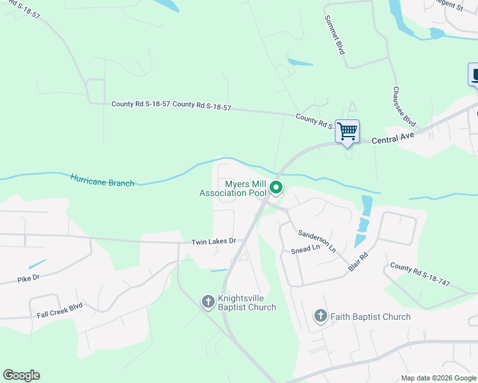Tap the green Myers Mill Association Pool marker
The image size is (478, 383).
[276, 188]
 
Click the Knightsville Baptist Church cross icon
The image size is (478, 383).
[208, 301]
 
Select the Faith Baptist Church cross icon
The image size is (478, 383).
[320, 316]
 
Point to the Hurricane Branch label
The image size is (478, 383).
[102, 181]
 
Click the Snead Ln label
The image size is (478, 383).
[306, 248]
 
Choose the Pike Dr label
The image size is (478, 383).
[29, 278]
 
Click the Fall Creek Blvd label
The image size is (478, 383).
[60, 306]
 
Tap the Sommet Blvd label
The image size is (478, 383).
[334, 34]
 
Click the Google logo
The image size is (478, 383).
[21, 375]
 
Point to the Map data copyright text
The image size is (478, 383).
[438, 378]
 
